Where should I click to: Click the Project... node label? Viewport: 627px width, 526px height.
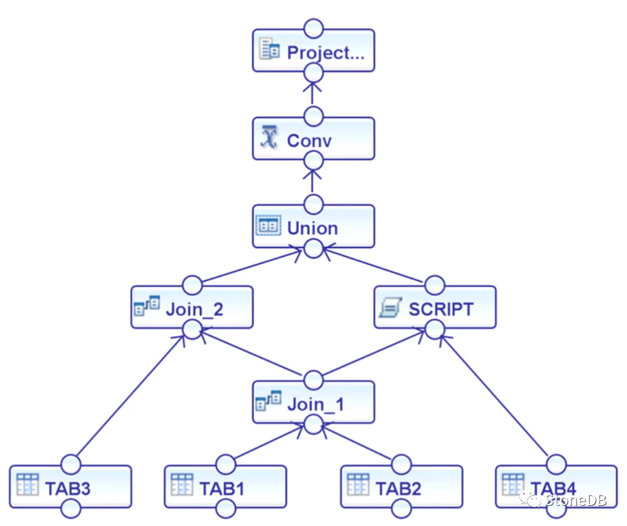coord(326,53)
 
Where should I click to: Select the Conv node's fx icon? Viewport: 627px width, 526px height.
coord(269,137)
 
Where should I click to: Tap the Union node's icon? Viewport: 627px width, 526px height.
coord(268,226)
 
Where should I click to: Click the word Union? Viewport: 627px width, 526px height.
coord(312,228)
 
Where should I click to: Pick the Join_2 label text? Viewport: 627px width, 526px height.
coord(194,310)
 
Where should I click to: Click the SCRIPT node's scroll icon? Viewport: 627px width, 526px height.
coord(390,307)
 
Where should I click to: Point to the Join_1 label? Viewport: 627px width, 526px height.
coord(315,404)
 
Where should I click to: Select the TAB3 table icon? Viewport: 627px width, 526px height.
coord(28,484)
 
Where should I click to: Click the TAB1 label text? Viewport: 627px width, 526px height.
coord(222,489)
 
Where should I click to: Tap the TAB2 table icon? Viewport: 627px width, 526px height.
coord(358,484)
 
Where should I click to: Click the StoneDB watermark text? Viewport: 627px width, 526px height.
coord(576,500)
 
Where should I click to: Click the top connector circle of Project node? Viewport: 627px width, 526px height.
coord(313,29)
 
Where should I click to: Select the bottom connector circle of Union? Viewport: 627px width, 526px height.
coord(313,249)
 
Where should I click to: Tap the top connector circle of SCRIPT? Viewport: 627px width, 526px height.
coord(435,285)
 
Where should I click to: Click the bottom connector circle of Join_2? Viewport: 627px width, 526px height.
coord(193,330)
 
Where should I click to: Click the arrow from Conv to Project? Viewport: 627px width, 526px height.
coord(312,93)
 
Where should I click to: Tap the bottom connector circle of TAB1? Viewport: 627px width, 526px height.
coord(226,508)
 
